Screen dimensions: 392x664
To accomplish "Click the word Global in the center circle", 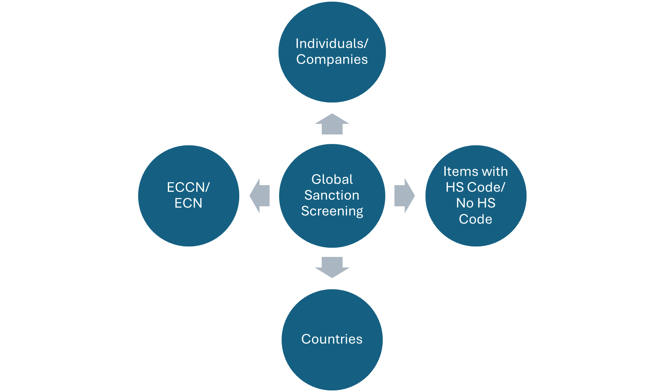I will coord(332,179).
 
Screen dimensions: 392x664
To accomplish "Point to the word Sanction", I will coord(332,195).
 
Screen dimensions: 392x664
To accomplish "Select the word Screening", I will coord(332,211).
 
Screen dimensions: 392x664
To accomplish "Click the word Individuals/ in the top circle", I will coord(332,44).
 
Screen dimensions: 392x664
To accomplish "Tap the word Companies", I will coord(332,59).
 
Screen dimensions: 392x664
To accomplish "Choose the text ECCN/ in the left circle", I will coord(188,187).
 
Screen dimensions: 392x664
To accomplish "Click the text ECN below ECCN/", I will coord(188,203).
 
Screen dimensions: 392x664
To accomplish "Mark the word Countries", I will coord(332,339).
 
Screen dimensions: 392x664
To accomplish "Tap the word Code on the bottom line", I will coord(476,219).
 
